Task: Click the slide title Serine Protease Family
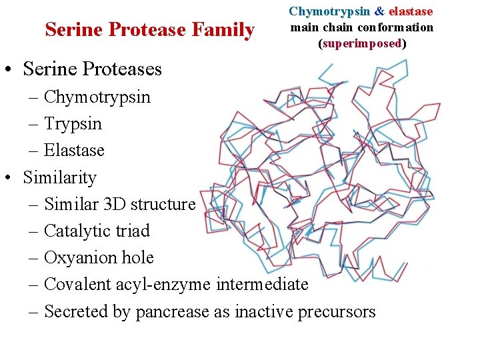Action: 149,30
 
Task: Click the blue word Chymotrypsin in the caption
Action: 329,11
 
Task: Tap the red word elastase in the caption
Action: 411,11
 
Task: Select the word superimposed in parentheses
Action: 362,43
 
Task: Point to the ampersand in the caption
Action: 379,11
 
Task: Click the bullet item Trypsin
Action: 73,124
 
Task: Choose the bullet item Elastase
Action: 74,151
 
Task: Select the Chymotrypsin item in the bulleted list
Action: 97,97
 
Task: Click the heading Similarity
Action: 59,178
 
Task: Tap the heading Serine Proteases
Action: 92,69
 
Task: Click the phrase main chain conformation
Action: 361,27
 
